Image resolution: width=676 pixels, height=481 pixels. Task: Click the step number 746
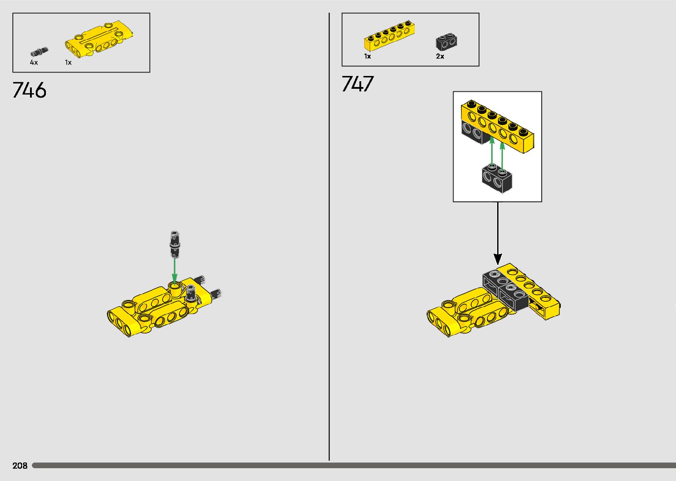click(30, 91)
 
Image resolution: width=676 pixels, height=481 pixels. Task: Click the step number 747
click(358, 84)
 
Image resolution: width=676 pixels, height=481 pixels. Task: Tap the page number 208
click(20, 466)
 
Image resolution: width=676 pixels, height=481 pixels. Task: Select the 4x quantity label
click(34, 63)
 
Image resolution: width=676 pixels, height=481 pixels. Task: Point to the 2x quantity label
click(440, 57)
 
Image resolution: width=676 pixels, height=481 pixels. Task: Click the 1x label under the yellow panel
click(68, 63)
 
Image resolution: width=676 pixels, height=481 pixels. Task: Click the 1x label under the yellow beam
click(367, 57)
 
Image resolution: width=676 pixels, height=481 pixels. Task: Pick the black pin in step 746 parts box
click(39, 52)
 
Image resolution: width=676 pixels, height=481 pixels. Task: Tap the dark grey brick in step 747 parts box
click(446, 42)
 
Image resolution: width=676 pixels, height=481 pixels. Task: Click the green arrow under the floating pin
click(175, 270)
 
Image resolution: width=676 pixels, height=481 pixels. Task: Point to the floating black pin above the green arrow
click(175, 243)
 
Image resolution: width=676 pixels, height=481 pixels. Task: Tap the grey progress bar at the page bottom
click(353, 466)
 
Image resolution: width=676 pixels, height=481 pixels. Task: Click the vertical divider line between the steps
click(329, 239)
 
